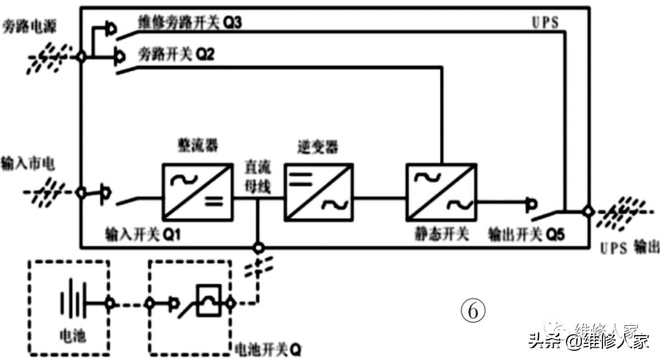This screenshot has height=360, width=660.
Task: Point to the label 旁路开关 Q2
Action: [177, 54]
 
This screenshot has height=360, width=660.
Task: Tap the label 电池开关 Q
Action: [268, 350]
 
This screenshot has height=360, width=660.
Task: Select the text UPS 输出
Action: [629, 247]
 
